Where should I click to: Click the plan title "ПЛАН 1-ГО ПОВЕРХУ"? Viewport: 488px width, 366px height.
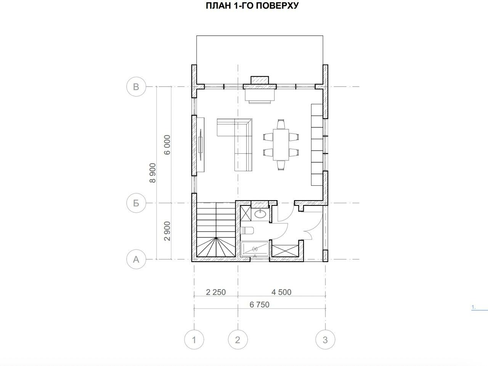252,6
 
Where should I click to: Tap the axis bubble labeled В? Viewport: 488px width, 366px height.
136,86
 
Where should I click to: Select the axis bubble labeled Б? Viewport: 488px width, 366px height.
136,203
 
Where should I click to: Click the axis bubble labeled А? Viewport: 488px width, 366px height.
136,259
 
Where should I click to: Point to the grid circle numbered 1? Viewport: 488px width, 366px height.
194,340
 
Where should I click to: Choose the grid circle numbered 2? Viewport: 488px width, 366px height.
238,340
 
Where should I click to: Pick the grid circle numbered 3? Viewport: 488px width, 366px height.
325,340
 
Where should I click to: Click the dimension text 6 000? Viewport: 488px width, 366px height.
167,145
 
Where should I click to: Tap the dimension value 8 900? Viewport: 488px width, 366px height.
153,173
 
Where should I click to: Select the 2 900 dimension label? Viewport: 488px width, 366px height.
167,231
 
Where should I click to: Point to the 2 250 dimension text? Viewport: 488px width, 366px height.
216,292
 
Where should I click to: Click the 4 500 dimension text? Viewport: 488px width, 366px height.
281,292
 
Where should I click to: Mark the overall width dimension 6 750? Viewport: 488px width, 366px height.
260,305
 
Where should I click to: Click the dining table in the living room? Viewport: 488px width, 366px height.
281,145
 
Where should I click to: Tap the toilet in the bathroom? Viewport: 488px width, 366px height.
247,231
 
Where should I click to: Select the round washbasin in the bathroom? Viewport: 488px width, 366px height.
260,214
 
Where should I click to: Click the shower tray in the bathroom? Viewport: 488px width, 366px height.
255,249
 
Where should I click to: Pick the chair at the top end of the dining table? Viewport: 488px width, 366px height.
281,124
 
